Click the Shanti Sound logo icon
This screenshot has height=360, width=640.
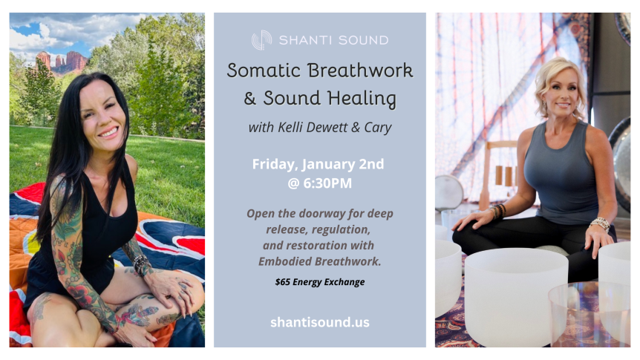261,40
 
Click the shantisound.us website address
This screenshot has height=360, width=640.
319,322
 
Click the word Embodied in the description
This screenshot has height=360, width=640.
288,261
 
